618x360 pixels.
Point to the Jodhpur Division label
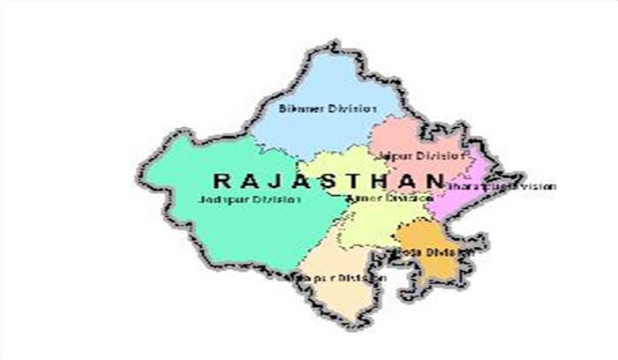pos(250,200)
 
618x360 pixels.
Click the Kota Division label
pos(433,251)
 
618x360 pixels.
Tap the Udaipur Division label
pos(349,278)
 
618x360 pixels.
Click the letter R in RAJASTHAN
pos(220,181)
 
